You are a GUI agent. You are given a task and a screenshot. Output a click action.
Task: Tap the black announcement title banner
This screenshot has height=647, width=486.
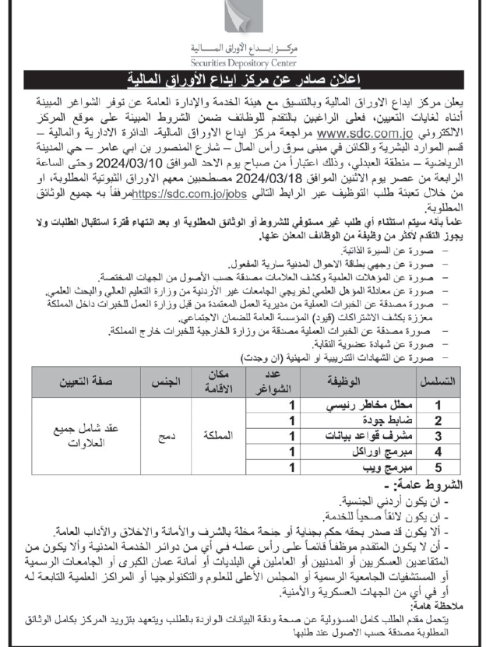click(x=243, y=79)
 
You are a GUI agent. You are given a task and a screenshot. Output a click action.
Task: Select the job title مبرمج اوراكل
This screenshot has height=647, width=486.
click(x=386, y=452)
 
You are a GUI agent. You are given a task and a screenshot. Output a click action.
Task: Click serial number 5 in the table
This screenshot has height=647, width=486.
click(x=438, y=467)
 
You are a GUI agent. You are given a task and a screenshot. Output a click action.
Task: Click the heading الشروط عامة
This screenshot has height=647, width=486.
click(x=436, y=484)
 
